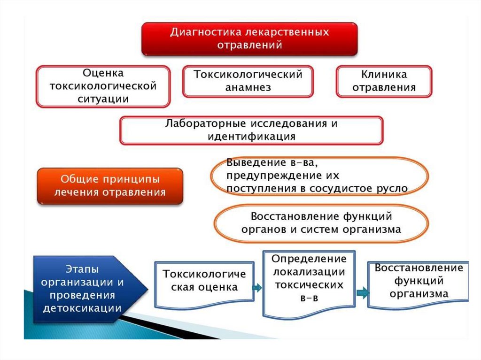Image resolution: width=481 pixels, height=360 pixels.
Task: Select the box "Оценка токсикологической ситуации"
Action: tap(103, 86)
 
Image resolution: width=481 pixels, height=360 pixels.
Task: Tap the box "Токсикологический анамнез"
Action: tap(248, 81)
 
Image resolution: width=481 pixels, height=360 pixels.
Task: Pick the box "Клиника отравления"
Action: tap(384, 81)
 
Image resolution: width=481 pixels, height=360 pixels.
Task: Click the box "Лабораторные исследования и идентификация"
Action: tap(251, 130)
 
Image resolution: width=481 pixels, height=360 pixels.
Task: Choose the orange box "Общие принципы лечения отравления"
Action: tap(109, 186)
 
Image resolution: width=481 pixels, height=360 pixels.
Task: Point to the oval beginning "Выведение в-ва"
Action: tap(319, 176)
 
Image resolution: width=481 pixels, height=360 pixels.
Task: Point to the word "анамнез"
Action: tap(248, 87)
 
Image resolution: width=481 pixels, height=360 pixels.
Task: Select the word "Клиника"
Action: tap(384, 74)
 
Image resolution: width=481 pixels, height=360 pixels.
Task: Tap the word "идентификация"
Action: tap(251, 137)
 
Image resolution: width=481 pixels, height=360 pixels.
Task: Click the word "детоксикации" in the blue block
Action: tap(82, 308)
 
